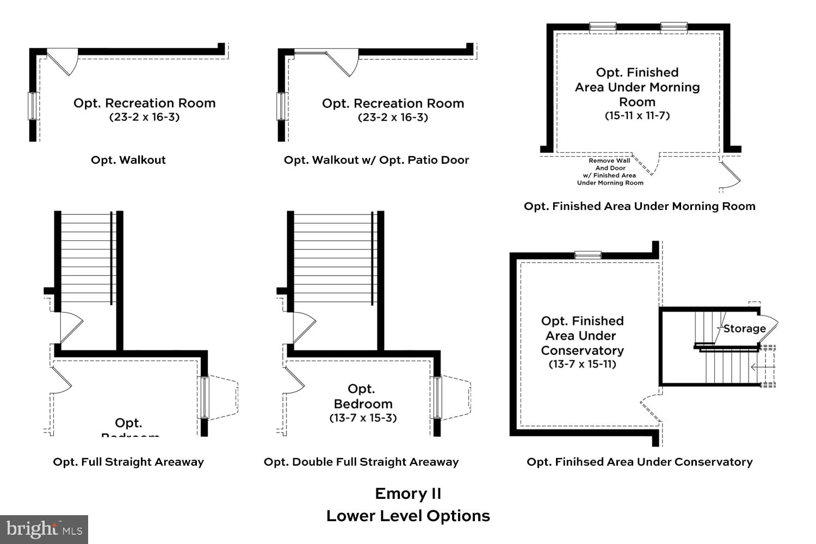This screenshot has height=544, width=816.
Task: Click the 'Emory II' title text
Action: (408, 493)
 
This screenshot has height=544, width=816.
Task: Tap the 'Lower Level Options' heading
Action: (408, 516)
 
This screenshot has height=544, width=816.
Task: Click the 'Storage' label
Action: (744, 329)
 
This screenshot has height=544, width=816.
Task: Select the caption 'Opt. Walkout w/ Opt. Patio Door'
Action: (376, 160)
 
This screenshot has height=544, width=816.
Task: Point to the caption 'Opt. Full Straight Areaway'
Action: (128, 462)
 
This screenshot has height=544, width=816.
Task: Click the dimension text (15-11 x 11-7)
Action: (637, 116)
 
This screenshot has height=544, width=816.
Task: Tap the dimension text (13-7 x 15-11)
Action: (582, 364)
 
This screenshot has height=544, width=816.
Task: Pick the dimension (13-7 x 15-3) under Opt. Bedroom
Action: (363, 418)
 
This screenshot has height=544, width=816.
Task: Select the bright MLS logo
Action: (44, 529)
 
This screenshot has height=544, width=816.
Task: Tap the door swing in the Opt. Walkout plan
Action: (64, 60)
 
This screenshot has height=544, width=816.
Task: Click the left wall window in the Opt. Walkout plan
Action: (33, 106)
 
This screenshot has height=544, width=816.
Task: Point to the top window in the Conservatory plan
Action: (588, 255)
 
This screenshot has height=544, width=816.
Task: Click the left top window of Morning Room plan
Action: (603, 27)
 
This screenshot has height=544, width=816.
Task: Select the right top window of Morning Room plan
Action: (673, 27)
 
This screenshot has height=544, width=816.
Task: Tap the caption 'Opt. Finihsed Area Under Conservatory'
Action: (639, 462)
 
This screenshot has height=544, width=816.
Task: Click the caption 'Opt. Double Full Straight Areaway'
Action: (361, 462)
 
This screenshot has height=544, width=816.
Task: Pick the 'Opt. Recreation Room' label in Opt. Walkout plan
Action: (145, 103)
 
